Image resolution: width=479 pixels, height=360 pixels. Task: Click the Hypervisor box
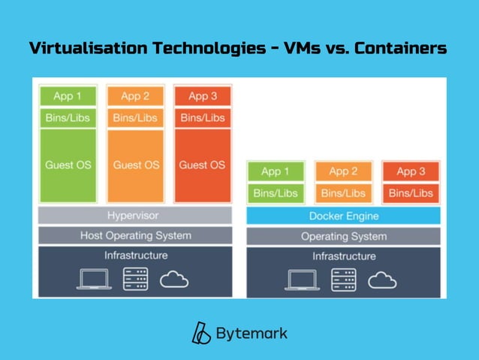136,216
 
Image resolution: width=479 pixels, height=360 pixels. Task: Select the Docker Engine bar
343,216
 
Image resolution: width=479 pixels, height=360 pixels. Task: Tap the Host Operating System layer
136,235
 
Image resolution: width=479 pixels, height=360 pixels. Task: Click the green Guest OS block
68,165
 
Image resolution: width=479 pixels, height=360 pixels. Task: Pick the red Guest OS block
203,165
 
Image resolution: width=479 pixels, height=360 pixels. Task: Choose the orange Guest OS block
135,165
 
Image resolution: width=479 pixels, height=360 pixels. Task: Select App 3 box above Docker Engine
411,172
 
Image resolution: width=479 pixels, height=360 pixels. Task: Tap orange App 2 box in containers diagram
343,172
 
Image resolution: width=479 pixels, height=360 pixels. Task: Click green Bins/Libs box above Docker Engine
276,193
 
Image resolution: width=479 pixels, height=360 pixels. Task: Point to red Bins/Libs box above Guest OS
203,118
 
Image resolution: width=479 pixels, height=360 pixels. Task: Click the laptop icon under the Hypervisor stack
94,279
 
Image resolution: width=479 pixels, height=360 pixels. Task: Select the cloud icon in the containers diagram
381,280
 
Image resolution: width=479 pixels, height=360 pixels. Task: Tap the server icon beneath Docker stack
344,279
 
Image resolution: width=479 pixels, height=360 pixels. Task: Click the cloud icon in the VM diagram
173,280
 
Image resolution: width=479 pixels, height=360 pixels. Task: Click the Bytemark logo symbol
200,333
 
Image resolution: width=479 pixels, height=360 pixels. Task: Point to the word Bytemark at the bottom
252,333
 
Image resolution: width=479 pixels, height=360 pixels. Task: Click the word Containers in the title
400,49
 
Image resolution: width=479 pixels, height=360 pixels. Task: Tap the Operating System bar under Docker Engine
343,236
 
